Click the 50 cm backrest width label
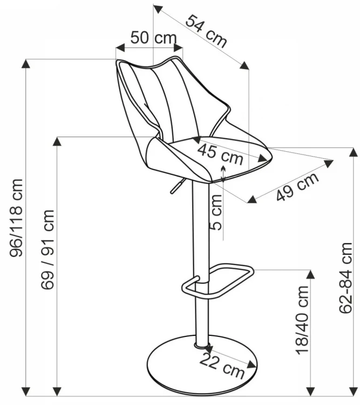154,38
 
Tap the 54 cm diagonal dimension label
206,31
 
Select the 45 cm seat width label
220,154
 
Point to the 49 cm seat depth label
297,187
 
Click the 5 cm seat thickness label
216,212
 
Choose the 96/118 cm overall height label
16,218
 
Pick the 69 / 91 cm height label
47,249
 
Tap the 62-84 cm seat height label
345,278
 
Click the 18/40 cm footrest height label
302,320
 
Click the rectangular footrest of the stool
218,281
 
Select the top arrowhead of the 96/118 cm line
26,64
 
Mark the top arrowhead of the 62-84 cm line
354,152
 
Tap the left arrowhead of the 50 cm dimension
120,48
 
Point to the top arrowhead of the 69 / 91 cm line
57,141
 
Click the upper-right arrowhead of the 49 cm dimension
329,164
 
